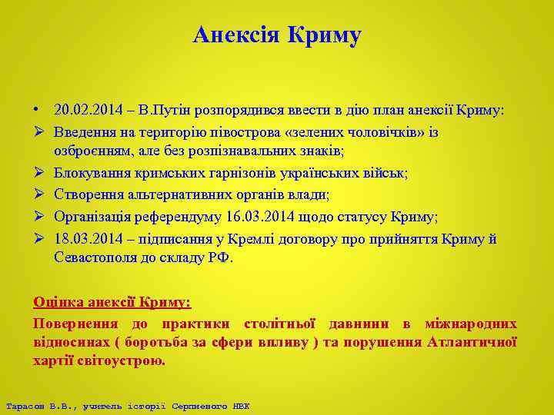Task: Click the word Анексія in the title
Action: (x=235, y=35)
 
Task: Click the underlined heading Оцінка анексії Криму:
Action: (x=112, y=303)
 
